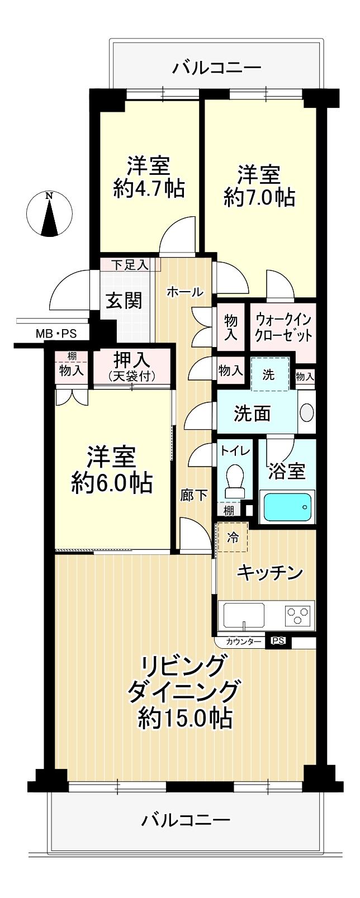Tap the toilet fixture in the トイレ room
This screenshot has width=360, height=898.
[x=235, y=482]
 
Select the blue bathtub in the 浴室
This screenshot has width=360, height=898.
[x=287, y=507]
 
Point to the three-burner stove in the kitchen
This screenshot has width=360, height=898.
[x=297, y=614]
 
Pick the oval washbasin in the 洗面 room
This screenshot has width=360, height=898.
[x=307, y=412]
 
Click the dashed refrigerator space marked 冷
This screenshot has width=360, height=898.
[x=233, y=536]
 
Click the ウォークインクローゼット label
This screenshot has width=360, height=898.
[x=283, y=327]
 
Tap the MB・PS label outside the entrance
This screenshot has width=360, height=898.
[x=56, y=334]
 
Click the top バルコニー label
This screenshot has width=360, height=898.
[x=217, y=68]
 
